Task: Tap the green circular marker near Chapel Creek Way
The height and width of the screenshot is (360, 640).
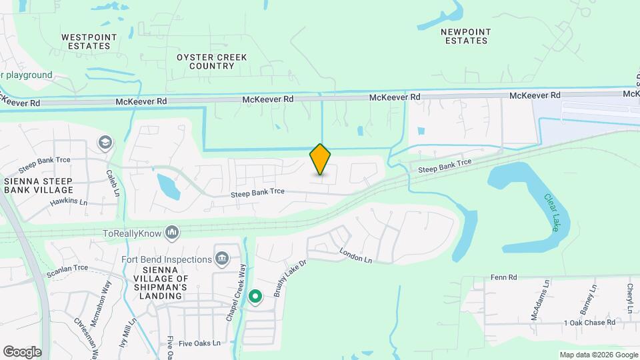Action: click(255, 296)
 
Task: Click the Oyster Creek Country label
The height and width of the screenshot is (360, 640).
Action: click(212, 61)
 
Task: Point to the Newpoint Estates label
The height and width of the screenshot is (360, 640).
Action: click(466, 36)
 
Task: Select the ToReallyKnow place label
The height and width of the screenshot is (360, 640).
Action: click(133, 233)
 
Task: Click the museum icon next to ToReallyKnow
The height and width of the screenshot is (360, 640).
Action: click(173, 232)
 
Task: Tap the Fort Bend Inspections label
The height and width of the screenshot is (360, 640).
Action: click(167, 259)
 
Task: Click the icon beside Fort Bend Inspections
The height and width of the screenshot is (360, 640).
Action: click(222, 259)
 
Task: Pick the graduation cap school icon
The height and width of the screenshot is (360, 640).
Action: click(105, 142)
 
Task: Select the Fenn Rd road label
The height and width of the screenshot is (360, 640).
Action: click(503, 277)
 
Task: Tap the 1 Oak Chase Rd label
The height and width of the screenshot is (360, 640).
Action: click(589, 323)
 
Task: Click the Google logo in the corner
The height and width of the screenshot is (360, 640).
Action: click(22, 351)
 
